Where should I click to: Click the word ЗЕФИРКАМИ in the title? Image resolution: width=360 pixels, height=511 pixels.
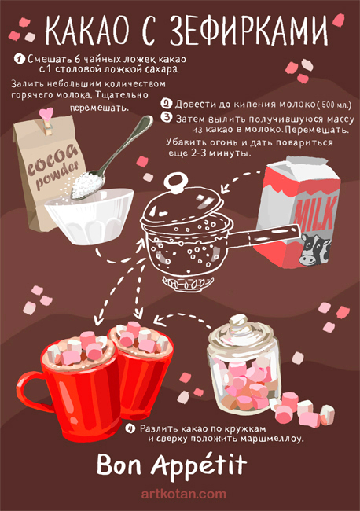(x=248, y=31)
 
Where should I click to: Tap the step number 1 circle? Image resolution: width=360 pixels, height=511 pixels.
(x=20, y=59)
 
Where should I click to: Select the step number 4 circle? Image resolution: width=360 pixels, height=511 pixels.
(x=130, y=428)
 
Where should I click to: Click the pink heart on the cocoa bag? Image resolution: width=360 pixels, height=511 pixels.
(x=46, y=114)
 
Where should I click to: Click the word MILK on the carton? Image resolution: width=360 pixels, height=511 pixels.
(x=314, y=214)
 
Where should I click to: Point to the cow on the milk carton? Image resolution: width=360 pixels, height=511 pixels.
(x=314, y=249)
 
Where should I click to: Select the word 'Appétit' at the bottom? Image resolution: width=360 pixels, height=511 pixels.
(x=198, y=465)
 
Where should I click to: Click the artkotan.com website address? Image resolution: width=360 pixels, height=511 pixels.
(x=183, y=494)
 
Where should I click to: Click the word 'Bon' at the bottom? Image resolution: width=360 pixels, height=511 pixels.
(x=119, y=465)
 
